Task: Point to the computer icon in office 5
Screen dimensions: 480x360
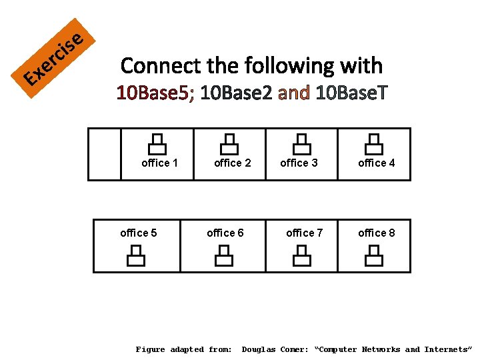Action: pos(136,255)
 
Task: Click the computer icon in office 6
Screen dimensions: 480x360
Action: pos(224,255)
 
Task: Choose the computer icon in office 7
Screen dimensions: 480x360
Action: pos(301,255)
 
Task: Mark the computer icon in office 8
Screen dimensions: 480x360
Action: pos(374,255)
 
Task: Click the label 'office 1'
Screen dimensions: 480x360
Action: pos(159,163)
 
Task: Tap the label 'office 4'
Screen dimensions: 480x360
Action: pos(376,163)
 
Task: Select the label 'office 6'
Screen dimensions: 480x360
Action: pos(225,233)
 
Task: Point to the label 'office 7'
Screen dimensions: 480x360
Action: pos(304,233)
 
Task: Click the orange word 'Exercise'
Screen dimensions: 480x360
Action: pos(53,61)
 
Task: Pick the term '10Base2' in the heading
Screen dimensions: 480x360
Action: pos(236,93)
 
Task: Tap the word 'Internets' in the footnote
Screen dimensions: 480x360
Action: pos(449,349)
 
